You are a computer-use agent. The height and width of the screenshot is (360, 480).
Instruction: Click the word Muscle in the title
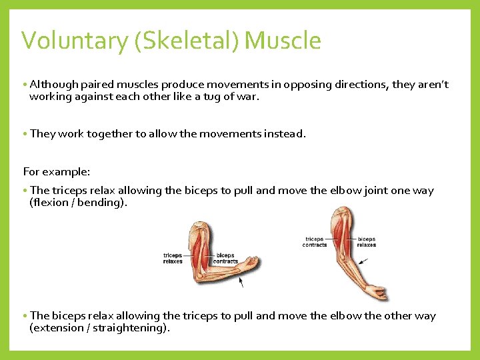[x=283, y=41]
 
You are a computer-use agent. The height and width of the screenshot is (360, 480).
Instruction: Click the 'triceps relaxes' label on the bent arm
[x=173, y=258]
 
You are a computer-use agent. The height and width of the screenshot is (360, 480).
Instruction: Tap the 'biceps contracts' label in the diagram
[x=225, y=258]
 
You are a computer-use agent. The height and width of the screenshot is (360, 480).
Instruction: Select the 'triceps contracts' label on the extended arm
[x=315, y=242]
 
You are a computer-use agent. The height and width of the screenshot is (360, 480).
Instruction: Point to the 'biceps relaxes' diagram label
[x=367, y=242]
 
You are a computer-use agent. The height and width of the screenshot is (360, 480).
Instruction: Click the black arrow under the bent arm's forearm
[x=241, y=281]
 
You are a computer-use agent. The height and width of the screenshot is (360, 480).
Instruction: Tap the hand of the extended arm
[x=379, y=292]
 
